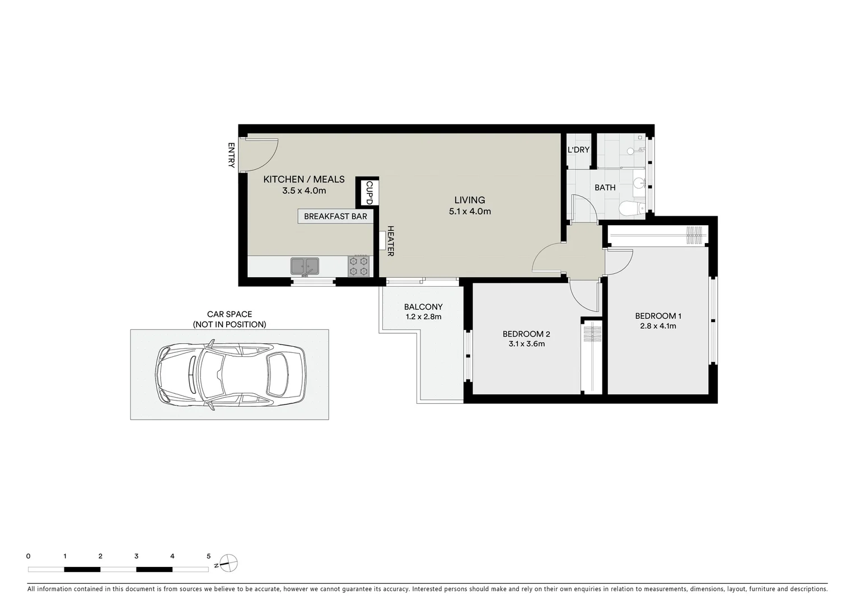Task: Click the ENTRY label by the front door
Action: click(x=231, y=155)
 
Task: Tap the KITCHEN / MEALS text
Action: click(x=304, y=179)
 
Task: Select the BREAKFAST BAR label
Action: click(x=335, y=216)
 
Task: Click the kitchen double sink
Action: click(x=305, y=266)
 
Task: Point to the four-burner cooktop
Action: click(x=359, y=266)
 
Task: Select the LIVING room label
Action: click(x=469, y=200)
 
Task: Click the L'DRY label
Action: click(x=578, y=150)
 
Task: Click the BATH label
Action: click(x=605, y=188)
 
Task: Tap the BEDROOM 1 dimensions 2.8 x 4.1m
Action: click(x=658, y=326)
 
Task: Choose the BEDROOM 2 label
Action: click(x=526, y=334)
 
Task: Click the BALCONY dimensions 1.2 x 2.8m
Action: click(x=423, y=317)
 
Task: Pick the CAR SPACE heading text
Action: click(x=230, y=314)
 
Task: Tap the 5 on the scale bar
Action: click(x=208, y=556)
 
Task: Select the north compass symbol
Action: click(x=228, y=562)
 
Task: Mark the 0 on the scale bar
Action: click(x=28, y=556)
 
